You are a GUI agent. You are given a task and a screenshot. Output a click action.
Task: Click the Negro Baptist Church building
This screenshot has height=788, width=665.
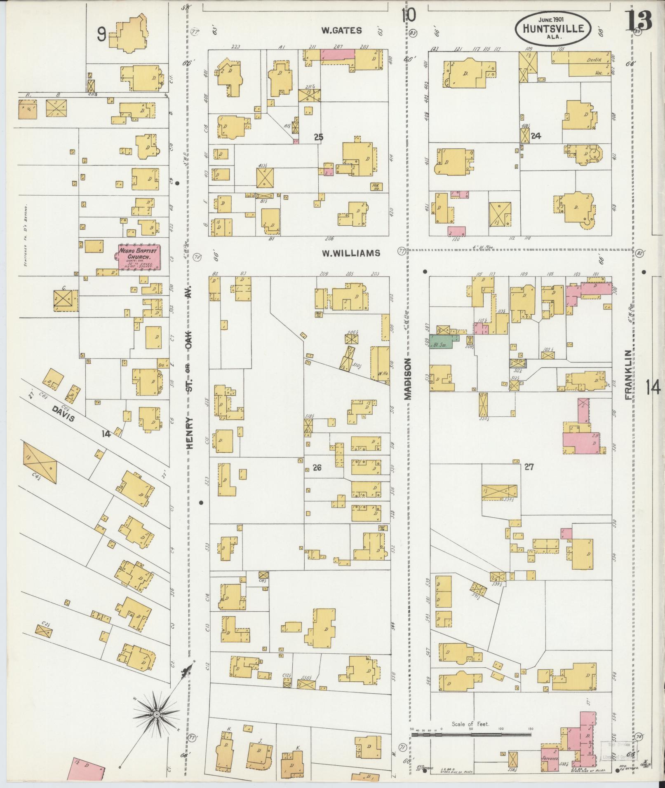139,257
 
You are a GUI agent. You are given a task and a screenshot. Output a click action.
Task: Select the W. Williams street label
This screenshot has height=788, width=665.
350,253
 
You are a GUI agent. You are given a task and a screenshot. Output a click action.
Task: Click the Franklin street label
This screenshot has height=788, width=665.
628,375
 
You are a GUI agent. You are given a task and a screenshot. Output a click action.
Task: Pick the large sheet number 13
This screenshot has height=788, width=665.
640,21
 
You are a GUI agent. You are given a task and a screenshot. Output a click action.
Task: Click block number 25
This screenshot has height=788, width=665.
318,138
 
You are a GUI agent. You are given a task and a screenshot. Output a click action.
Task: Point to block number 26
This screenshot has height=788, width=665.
317,468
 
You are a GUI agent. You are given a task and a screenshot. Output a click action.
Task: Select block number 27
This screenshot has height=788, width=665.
529,467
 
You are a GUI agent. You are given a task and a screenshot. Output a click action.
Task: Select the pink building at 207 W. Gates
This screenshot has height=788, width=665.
338,54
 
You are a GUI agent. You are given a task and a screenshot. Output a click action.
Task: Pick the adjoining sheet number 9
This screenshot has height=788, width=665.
101,35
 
